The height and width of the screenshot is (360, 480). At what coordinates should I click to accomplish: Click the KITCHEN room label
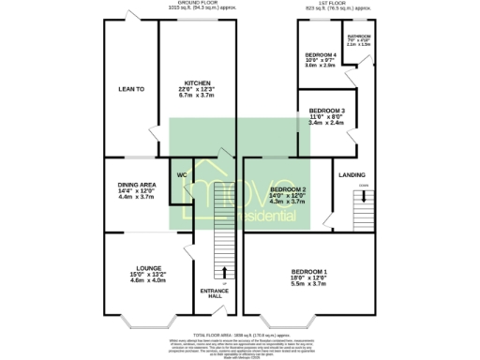(x=196, y=82)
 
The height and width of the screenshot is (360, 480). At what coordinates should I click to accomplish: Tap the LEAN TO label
(x=130, y=89)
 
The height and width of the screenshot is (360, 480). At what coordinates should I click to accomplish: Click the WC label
(x=180, y=172)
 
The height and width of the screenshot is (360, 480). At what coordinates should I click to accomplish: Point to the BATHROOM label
(x=358, y=37)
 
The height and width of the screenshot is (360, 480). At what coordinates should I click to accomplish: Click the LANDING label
(x=352, y=174)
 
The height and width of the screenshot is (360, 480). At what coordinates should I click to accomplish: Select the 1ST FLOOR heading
(x=331, y=4)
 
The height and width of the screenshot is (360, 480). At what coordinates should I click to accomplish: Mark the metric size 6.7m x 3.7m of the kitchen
(x=196, y=95)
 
